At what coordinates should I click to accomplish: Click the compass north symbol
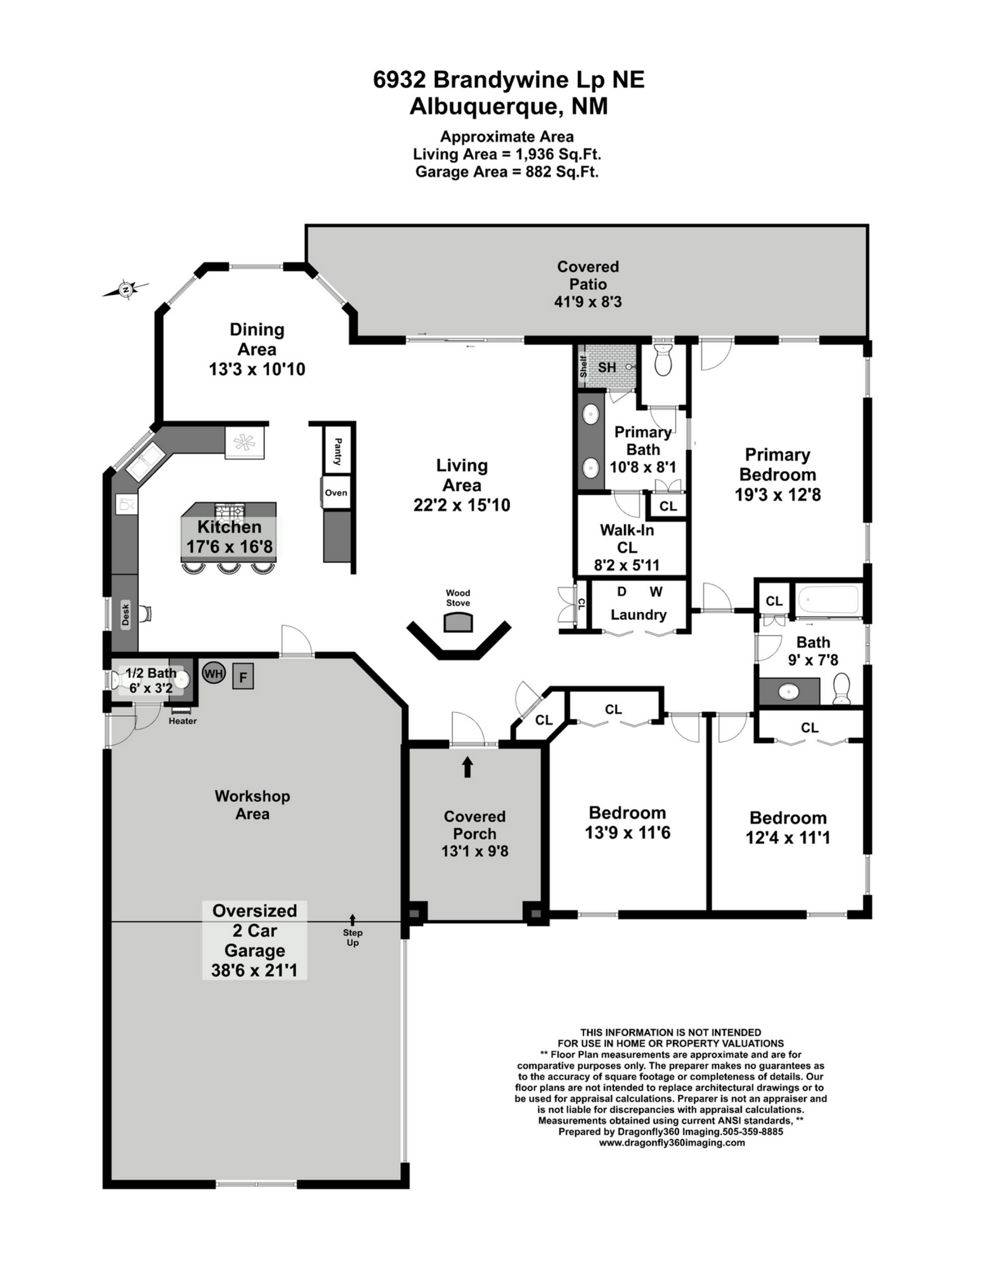click(x=126, y=290)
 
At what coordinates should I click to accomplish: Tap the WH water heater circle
click(x=214, y=673)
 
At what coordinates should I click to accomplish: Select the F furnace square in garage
click(x=243, y=676)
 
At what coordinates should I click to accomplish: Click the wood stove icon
click(x=458, y=623)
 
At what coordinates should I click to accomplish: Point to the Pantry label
click(x=337, y=451)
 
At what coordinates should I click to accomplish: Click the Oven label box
click(x=336, y=493)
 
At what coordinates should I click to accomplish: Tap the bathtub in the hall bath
click(x=828, y=600)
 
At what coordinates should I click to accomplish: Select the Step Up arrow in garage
click(x=353, y=919)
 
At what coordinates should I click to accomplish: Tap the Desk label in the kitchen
click(x=126, y=614)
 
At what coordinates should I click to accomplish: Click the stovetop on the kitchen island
click(x=230, y=510)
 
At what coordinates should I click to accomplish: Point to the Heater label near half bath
click(x=183, y=721)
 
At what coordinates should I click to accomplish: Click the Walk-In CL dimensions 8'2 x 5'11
click(x=627, y=565)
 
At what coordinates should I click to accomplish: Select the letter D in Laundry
click(x=621, y=592)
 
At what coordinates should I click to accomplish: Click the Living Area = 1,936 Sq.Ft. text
click(x=507, y=154)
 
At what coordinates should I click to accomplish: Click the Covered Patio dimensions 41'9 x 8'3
click(x=588, y=302)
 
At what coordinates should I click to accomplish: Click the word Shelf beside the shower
click(x=583, y=366)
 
